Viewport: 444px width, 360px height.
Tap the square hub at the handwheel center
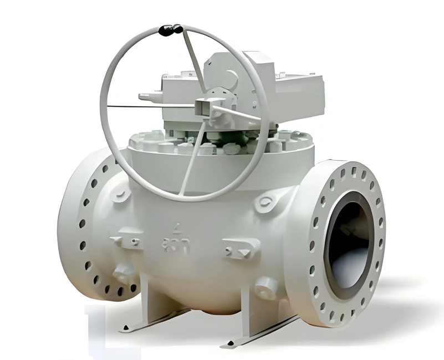pyautogui.click(x=204, y=105)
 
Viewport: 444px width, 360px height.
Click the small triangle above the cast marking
pyautogui.click(x=177, y=227)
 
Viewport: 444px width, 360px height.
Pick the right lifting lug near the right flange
pyautogui.click(x=267, y=202)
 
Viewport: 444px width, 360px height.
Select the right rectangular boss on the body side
pyautogui.click(x=241, y=250)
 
